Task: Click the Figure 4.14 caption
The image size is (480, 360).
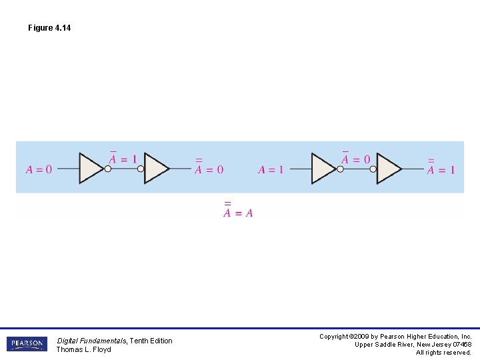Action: (49, 28)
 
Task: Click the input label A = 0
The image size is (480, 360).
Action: (39, 170)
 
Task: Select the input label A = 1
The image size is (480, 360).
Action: (271, 170)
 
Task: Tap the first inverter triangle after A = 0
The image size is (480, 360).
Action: (90, 169)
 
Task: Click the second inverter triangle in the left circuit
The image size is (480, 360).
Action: (156, 169)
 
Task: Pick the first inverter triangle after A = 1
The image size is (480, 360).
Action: (323, 169)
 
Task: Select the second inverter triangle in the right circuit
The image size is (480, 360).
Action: (388, 169)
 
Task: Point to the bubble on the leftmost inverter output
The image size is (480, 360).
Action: (108, 169)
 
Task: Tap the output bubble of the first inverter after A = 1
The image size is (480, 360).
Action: (340, 169)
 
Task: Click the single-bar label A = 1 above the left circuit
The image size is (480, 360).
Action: (123, 159)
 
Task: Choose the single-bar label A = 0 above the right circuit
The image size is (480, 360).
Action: (355, 159)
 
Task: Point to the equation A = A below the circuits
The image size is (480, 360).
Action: (238, 211)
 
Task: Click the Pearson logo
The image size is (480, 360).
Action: (27, 344)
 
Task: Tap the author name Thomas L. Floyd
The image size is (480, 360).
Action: (83, 349)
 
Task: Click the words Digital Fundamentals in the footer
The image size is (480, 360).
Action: (91, 341)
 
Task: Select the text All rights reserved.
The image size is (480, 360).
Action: (443, 353)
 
